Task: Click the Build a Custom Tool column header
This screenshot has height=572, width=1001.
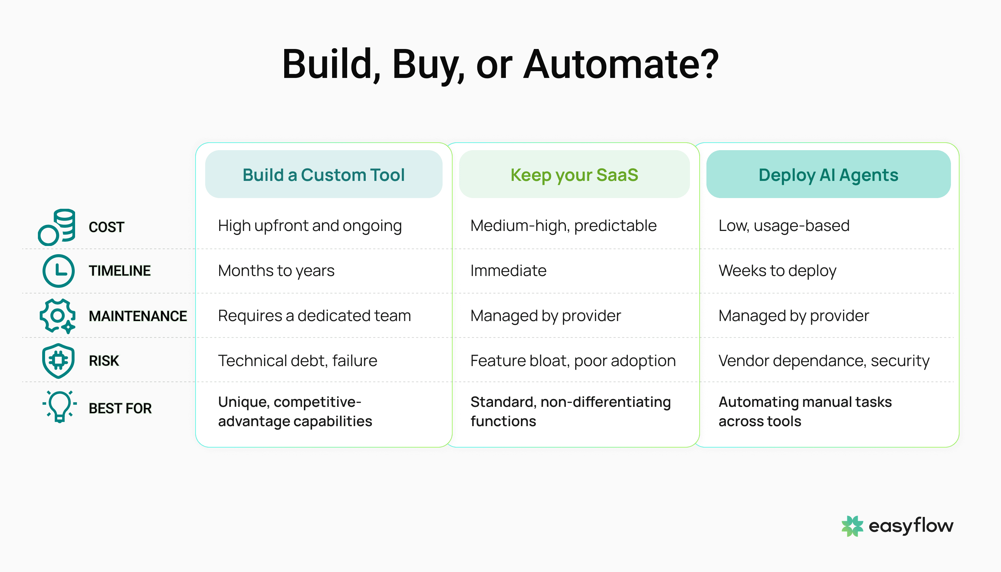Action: click(x=323, y=174)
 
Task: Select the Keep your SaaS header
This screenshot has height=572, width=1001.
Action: click(x=574, y=174)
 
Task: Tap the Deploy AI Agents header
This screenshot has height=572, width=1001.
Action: click(x=828, y=174)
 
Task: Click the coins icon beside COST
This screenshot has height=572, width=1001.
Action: click(x=57, y=227)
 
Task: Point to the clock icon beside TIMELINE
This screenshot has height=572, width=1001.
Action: click(x=58, y=271)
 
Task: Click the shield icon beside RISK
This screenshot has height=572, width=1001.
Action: click(x=58, y=360)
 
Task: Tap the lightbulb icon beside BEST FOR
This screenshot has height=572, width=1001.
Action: click(x=59, y=406)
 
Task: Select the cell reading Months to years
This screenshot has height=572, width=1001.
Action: click(x=276, y=271)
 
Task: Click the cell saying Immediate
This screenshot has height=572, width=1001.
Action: click(x=508, y=271)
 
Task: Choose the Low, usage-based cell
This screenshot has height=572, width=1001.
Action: click(x=784, y=226)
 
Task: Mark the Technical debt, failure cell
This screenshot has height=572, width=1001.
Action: click(x=297, y=361)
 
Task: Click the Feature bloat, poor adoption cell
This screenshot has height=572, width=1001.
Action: click(x=573, y=361)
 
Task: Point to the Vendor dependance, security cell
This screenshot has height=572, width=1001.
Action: click(x=824, y=361)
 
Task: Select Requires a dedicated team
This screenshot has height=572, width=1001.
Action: click(x=314, y=316)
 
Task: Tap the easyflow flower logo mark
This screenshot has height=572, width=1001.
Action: click(x=852, y=526)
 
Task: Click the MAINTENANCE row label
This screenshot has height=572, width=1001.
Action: click(x=138, y=316)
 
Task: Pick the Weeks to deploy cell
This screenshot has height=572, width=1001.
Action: click(x=777, y=271)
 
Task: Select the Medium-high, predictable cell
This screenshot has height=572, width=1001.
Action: click(x=563, y=226)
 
